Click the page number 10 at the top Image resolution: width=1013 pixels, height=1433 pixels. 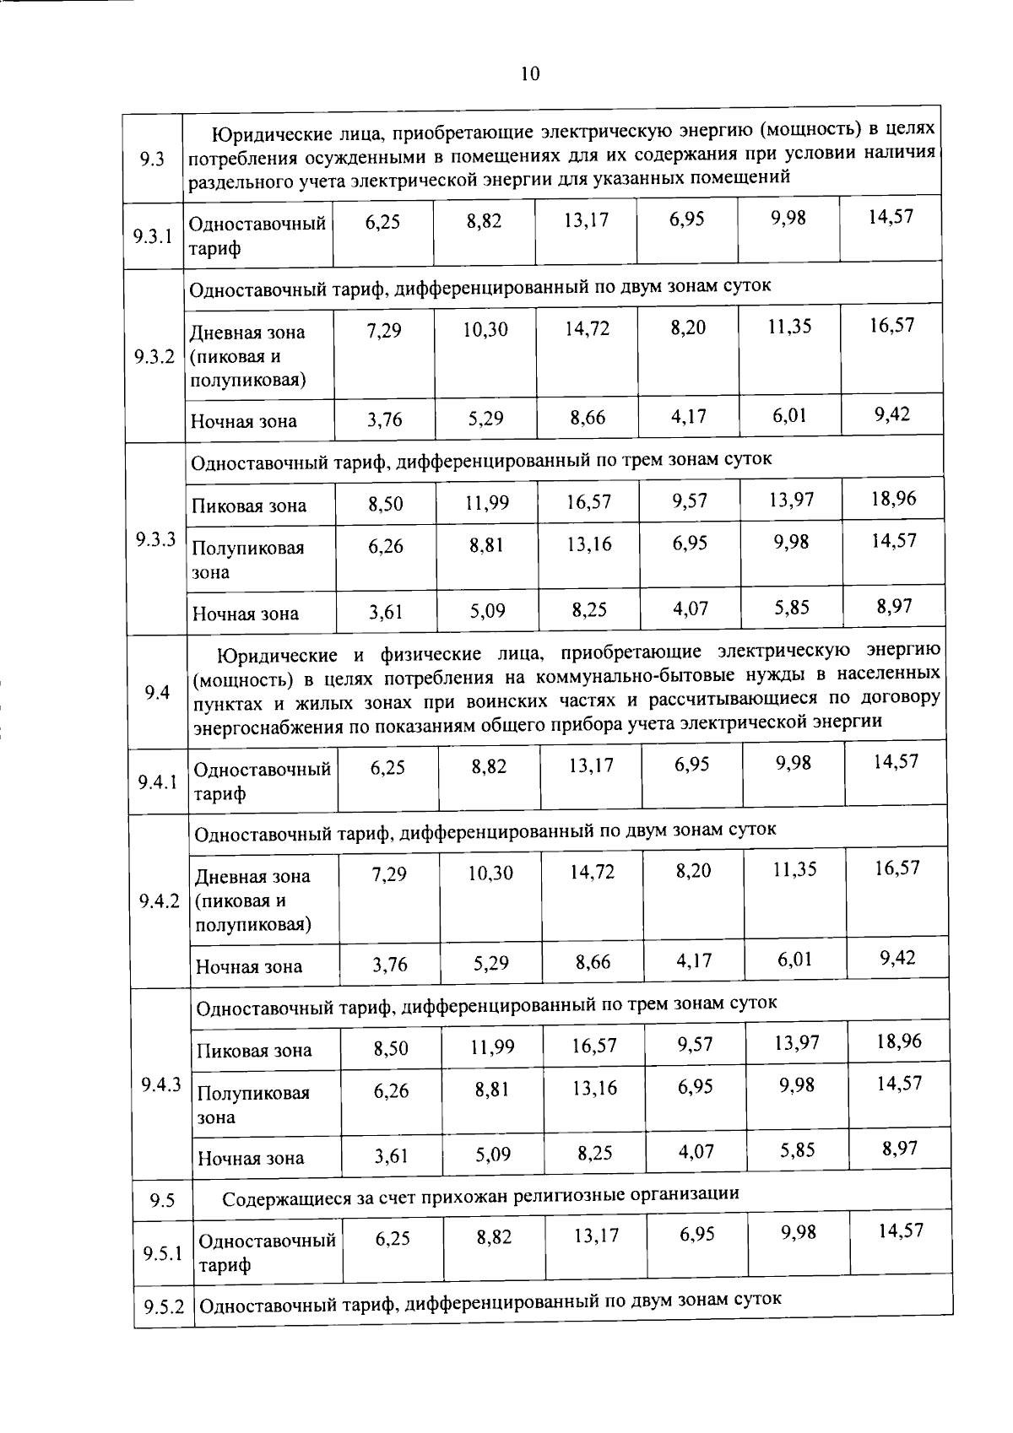[529, 73]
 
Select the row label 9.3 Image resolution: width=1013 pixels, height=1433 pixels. [152, 157]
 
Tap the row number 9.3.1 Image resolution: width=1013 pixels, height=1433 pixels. [153, 235]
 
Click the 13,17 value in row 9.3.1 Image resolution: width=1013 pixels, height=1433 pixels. [586, 220]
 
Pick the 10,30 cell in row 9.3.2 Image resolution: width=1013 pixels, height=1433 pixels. [485, 329]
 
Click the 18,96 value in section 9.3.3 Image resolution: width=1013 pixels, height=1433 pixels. [894, 498]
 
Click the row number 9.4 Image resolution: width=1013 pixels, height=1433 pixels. [158, 692]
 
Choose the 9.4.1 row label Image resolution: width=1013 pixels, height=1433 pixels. [158, 781]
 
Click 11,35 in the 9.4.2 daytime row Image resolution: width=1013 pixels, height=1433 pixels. [795, 869]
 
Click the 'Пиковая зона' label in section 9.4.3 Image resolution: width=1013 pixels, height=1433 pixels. [254, 1051]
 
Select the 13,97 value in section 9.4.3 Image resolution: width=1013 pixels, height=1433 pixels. [797, 1042]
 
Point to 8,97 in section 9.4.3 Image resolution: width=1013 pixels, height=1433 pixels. [900, 1148]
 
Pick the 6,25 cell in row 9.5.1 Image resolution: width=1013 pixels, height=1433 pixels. [393, 1236]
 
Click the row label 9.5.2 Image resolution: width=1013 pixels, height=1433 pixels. [164, 1307]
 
